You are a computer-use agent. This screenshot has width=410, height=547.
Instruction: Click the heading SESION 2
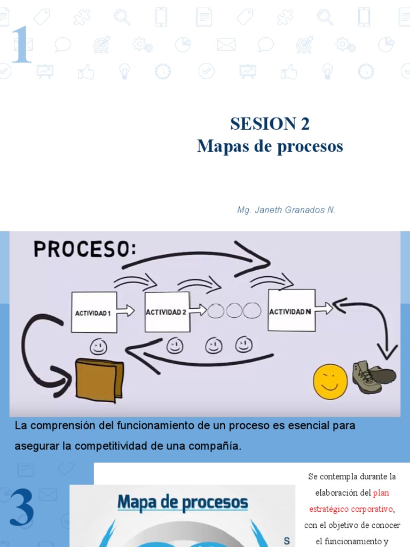(270, 124)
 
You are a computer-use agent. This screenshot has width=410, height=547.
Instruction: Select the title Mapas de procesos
(270, 146)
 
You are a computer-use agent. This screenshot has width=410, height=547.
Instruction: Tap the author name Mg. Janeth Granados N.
(286, 210)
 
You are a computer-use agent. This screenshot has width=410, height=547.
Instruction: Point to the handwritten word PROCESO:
(85, 249)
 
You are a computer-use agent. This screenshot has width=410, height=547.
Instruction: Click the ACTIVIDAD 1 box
(94, 312)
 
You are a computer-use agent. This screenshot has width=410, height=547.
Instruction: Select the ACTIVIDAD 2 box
(167, 312)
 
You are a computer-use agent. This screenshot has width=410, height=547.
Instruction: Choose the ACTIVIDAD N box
(291, 311)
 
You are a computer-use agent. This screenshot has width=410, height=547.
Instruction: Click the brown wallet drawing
(99, 379)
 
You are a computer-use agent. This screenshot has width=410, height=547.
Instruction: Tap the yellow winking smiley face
(330, 381)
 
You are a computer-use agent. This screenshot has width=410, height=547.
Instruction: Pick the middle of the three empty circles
(234, 310)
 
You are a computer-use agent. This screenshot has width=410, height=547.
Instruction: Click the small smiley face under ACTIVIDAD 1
(98, 347)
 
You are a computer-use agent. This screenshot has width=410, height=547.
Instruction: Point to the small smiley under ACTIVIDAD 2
(175, 346)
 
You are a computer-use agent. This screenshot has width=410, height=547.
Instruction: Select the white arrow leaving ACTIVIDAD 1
(126, 311)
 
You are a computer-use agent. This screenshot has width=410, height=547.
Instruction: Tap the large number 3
(21, 509)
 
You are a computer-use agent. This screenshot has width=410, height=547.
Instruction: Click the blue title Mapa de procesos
(183, 503)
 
